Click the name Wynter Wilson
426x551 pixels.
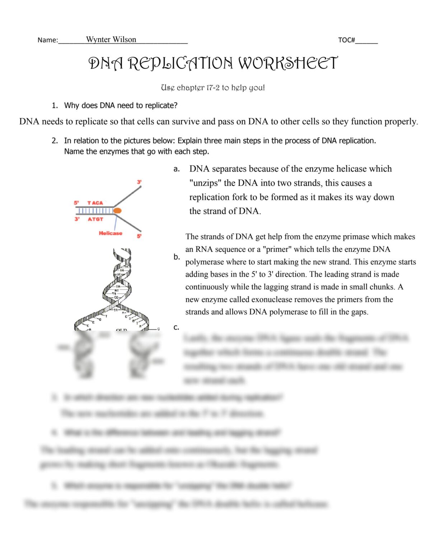click(111, 39)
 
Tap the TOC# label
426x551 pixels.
click(346, 40)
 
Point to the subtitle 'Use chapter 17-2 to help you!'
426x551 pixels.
click(213, 88)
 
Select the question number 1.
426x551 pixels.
click(55, 105)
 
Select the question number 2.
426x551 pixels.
click(55, 141)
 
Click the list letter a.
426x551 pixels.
click(176, 169)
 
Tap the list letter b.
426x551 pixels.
click(177, 257)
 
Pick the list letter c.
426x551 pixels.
click(176, 327)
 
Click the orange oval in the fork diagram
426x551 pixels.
click(117, 211)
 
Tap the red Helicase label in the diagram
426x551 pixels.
click(111, 233)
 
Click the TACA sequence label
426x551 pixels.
click(95, 203)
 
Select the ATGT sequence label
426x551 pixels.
click(95, 219)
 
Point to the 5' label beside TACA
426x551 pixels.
click(76, 203)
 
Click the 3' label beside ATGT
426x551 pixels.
click(77, 219)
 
